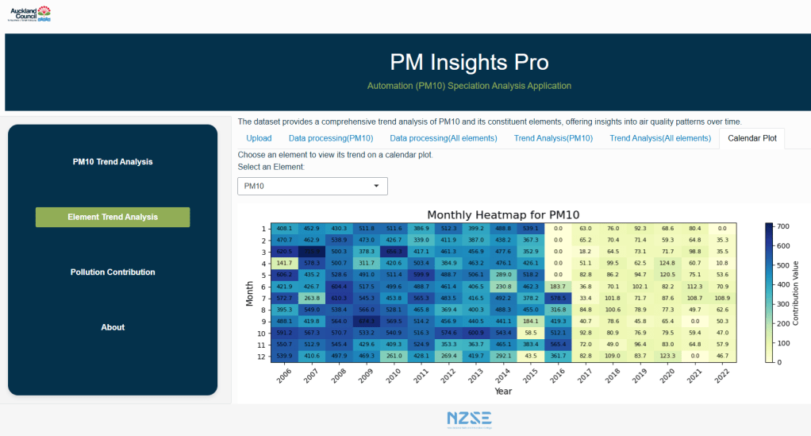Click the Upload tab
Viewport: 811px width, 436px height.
point(259,138)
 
